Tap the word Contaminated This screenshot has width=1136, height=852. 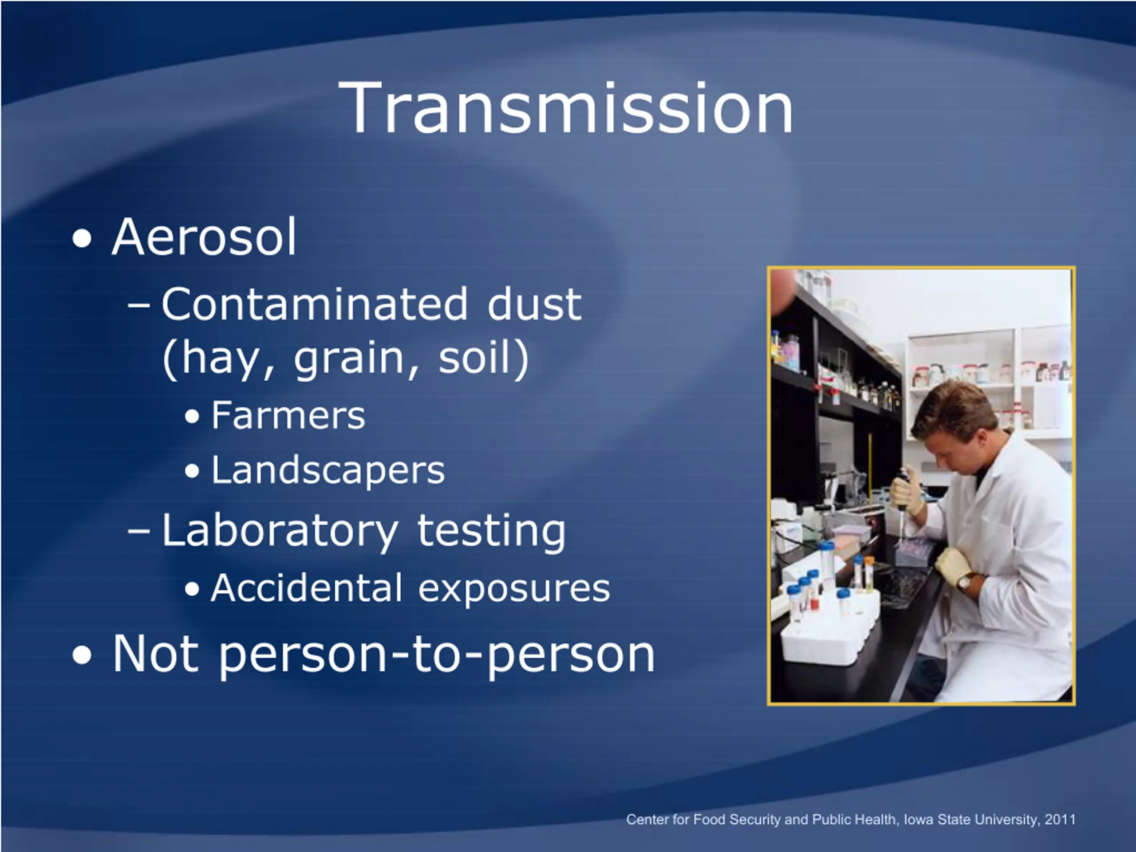click(x=315, y=304)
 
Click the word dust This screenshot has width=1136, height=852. click(x=535, y=304)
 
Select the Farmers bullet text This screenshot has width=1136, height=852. click(x=288, y=415)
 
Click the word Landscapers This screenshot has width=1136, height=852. click(x=327, y=470)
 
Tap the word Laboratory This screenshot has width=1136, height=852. click(x=280, y=532)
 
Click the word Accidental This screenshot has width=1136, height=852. click(x=307, y=588)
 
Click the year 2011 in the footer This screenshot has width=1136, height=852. click(x=1060, y=819)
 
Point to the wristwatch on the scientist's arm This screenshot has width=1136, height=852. click(x=964, y=582)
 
